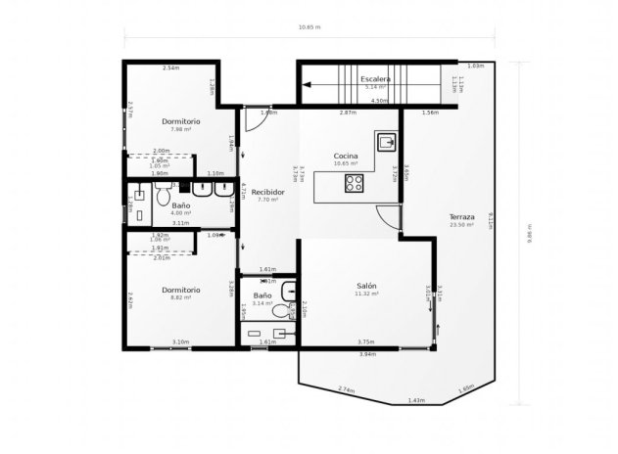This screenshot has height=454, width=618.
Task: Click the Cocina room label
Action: tap(345, 157)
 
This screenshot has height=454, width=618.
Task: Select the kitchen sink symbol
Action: tap(387, 142)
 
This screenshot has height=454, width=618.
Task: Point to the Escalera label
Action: tap(376, 78)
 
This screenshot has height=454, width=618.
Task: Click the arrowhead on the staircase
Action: tap(306, 86)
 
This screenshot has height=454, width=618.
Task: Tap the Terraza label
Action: tap(461, 216)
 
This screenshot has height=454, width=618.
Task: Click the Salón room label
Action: tap(366, 285)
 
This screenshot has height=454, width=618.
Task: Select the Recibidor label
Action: tap(268, 192)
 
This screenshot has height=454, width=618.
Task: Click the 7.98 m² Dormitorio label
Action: tap(181, 121)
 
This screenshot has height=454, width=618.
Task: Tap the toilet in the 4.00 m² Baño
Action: tap(163, 195)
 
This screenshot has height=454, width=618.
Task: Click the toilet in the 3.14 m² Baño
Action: tap(281, 311)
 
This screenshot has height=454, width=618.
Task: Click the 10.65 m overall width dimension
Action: tap(309, 27)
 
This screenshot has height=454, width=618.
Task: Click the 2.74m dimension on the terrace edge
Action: tap(347, 390)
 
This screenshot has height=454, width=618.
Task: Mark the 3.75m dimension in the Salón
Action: tap(365, 341)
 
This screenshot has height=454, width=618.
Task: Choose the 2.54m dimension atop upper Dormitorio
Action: tap(170, 68)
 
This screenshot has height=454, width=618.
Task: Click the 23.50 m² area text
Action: tap(461, 225)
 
